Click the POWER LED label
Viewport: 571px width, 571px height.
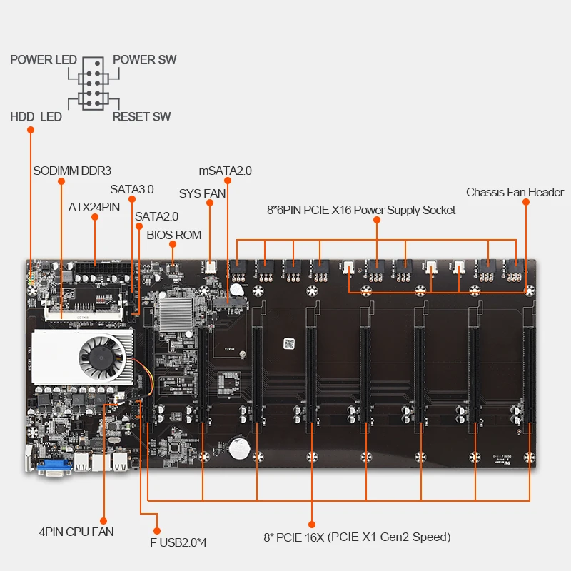click(x=43, y=59)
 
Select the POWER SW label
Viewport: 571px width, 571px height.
click(x=144, y=59)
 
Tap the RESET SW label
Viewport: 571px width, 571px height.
click(x=141, y=116)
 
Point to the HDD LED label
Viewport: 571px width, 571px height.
click(x=36, y=116)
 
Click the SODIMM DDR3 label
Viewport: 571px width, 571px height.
click(x=72, y=171)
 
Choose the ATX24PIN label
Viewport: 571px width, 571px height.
click(x=95, y=208)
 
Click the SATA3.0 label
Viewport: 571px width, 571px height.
click(x=131, y=190)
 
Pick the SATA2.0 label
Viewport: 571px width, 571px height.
click(x=156, y=216)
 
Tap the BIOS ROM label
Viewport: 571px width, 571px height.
click(x=173, y=235)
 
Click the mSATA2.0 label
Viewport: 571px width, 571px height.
click(x=225, y=171)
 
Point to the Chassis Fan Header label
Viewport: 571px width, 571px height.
click(x=515, y=192)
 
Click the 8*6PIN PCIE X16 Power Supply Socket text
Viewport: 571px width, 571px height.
click(x=360, y=210)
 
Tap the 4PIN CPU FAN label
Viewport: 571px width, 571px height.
click(x=76, y=532)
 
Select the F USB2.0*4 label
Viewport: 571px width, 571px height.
click(x=178, y=542)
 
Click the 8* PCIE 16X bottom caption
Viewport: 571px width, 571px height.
click(x=357, y=537)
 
